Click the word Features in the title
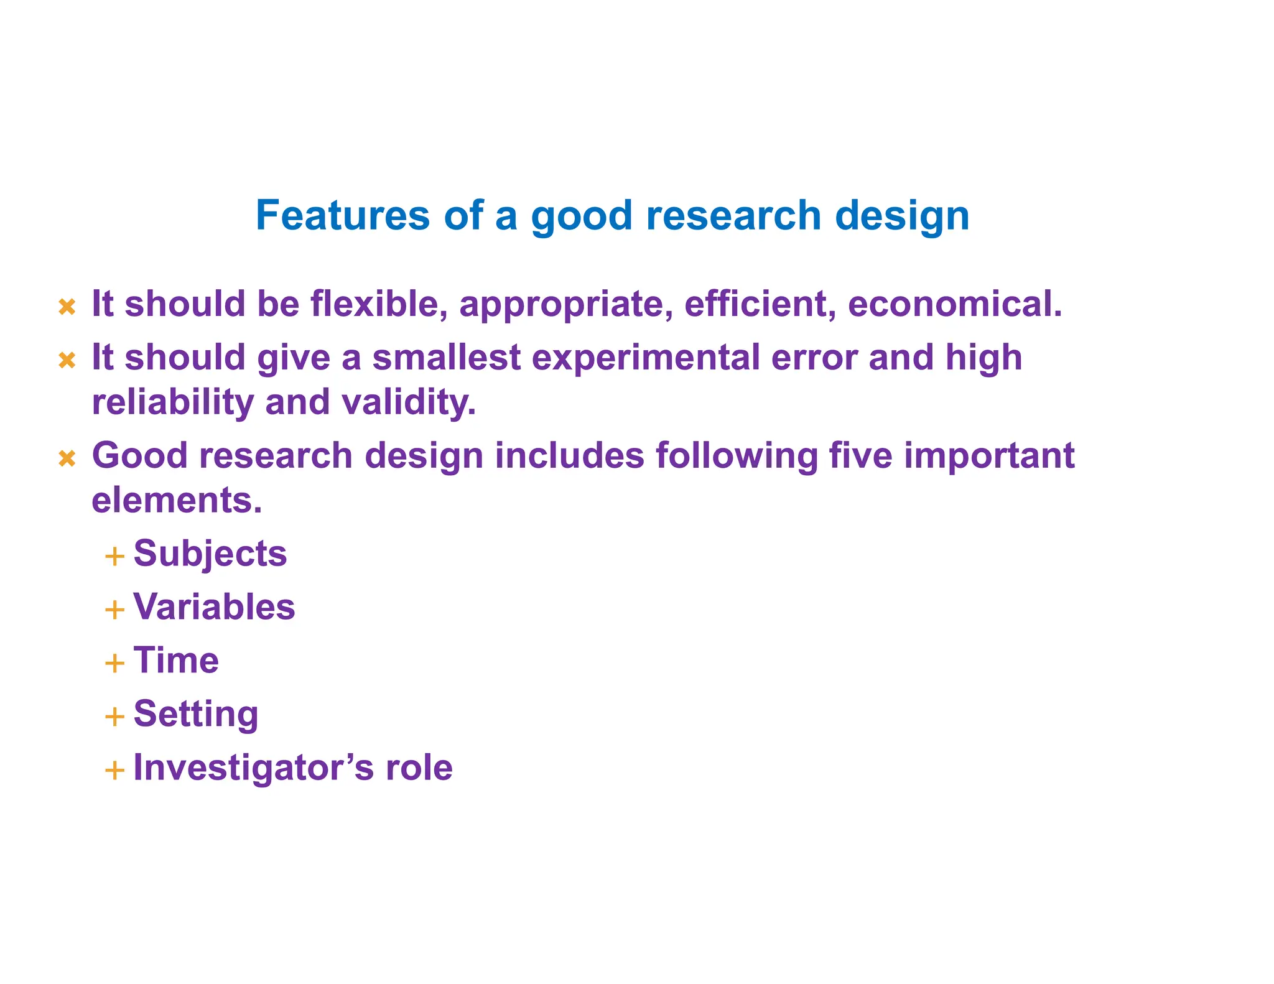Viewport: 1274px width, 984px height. tap(343, 215)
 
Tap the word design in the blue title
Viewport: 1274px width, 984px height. tap(902, 216)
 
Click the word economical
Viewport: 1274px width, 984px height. tap(955, 304)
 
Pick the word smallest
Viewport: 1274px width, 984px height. tap(446, 358)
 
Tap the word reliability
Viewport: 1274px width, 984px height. tap(173, 402)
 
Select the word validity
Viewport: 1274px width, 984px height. tap(409, 402)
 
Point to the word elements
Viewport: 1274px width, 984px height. tap(177, 499)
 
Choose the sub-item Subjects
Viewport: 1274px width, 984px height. tap(210, 554)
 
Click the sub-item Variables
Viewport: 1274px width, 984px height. tap(214, 606)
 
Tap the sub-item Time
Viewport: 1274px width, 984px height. tap(176, 660)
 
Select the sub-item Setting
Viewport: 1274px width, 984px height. tap(196, 714)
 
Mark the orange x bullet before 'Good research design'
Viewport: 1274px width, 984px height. tap(67, 459)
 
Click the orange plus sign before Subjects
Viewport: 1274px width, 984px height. tap(114, 556)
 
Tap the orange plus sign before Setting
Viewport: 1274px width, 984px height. tap(114, 717)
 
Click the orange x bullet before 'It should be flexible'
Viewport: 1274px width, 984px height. tap(67, 307)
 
